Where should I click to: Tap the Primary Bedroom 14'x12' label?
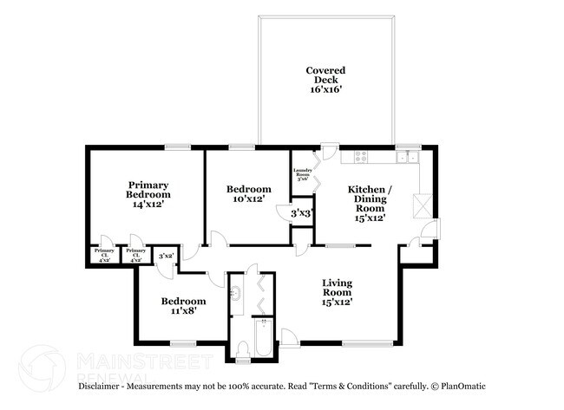148,195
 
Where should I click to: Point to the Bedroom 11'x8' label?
183,306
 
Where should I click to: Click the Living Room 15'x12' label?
337,293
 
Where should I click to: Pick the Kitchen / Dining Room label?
371,204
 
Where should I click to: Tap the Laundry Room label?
302,173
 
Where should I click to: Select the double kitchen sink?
409,157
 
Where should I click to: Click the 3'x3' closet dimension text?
301,212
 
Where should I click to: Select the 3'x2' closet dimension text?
167,257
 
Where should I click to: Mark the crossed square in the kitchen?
422,205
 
